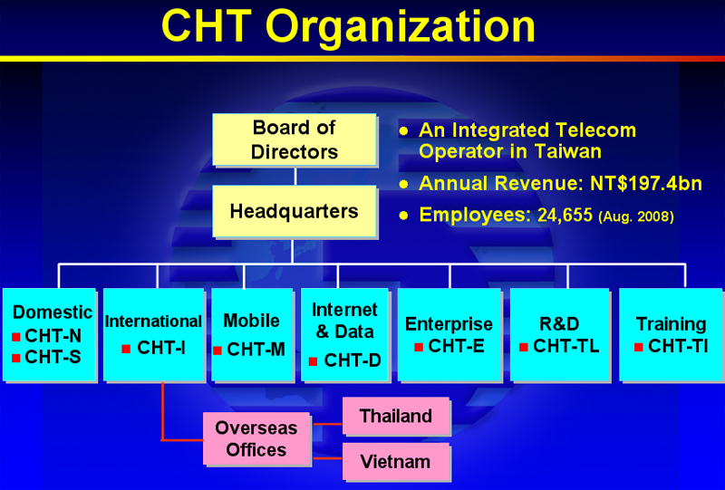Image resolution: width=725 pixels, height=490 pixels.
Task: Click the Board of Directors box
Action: pos(295,139)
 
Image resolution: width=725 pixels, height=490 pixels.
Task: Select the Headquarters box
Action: pos(295,211)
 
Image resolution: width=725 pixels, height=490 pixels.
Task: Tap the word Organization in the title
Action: pos(401,28)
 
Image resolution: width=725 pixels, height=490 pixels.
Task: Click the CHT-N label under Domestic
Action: pos(53,336)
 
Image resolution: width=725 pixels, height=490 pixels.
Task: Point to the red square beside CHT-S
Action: pos(15,359)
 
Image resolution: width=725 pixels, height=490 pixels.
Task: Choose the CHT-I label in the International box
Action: pos(161,348)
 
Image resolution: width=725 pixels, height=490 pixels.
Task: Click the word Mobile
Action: pos(252,321)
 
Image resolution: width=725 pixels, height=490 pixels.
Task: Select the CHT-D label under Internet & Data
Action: pos(353,360)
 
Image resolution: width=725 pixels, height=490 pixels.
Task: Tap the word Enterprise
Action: pos(449,324)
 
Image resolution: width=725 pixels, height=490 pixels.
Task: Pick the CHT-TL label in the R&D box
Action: pos(565,346)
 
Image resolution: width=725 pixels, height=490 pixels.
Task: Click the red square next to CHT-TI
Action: pos(639,347)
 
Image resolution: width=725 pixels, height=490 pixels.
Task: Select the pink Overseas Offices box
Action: pos(256,438)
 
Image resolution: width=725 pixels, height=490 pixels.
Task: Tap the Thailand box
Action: pos(396,416)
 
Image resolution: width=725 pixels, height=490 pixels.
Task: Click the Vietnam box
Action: pos(396,462)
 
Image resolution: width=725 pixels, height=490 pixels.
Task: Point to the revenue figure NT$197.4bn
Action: pos(646,184)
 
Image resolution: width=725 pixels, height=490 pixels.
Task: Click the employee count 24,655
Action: pos(565,215)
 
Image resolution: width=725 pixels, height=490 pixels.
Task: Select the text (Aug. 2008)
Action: pos(636,216)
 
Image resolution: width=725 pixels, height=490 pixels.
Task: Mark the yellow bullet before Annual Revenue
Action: pos(403,184)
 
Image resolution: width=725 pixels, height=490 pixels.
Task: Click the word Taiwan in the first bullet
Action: pos(568,151)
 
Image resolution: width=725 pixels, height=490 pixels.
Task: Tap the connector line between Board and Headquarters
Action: pos(295,176)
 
